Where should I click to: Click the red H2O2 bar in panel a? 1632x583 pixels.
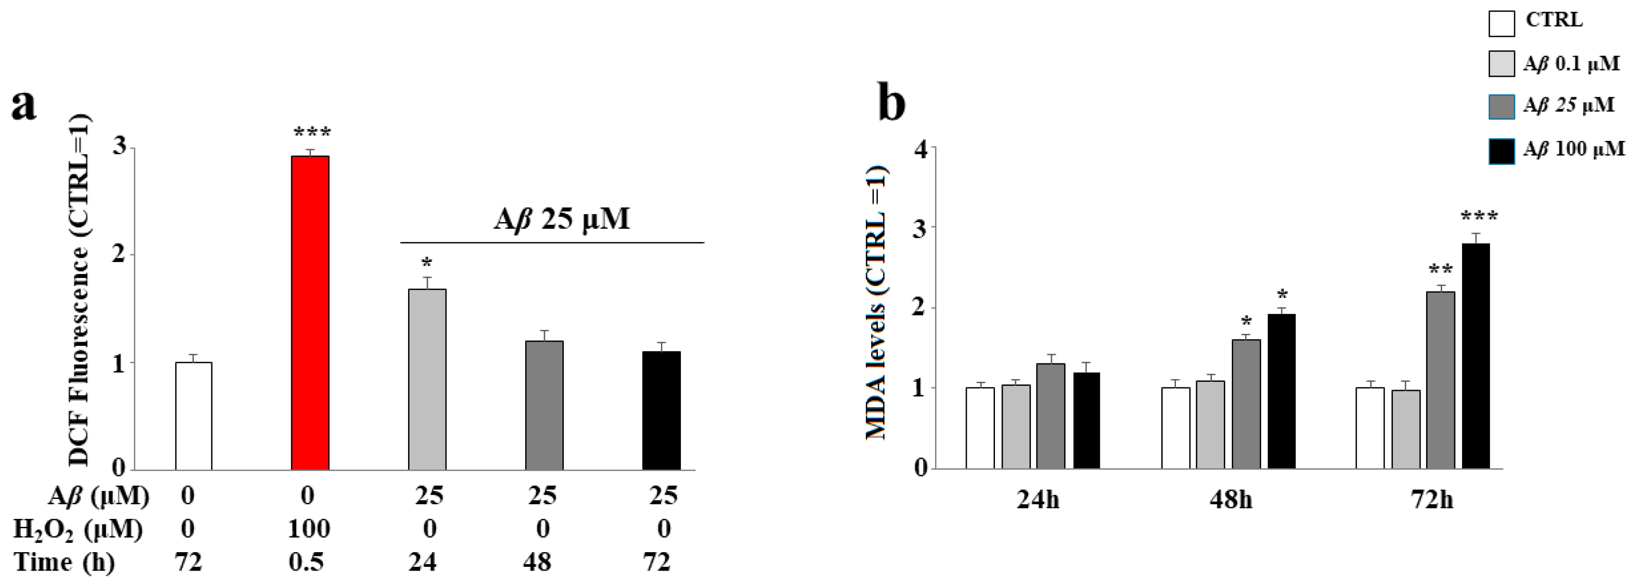[x=310, y=313]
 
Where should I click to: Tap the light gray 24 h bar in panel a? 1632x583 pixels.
[x=427, y=379]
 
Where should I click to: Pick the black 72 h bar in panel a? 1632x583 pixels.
[x=661, y=411]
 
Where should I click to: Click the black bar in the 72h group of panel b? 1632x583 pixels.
[x=1475, y=356]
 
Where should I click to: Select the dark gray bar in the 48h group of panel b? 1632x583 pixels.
[x=1246, y=404]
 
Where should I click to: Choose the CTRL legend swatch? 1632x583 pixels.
[x=1502, y=23]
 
